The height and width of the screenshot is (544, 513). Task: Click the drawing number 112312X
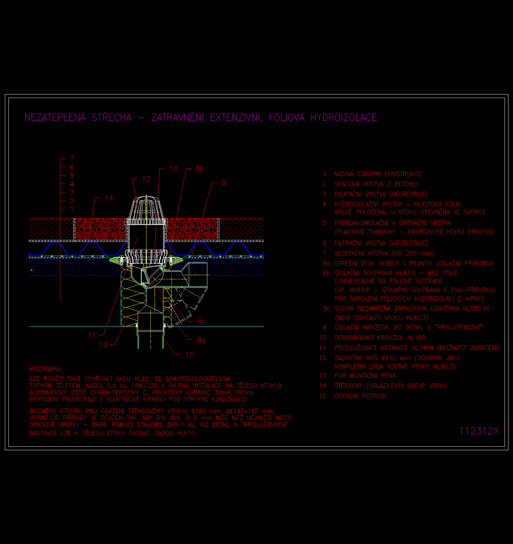pos(479,431)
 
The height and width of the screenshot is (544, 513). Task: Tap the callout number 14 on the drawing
pos(109,198)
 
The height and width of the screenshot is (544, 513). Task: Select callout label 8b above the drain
pos(200,169)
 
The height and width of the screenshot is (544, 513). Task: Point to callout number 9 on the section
pos(224,182)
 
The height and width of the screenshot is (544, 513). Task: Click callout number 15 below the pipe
pos(189,355)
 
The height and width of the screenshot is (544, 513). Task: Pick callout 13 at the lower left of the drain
pos(103,345)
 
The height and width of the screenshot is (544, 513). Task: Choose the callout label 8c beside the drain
pos(201,322)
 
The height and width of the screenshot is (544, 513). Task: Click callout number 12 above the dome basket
pos(146,179)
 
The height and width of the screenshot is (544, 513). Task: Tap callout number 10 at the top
pos(174,169)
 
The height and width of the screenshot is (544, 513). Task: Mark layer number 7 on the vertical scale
pos(72,159)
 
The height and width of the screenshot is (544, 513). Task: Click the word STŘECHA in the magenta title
pos(112,118)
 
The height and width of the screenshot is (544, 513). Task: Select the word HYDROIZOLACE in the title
pos(344,118)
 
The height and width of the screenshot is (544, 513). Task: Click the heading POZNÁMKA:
pos(46,369)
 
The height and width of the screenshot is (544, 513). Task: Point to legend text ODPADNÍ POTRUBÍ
pos(360,396)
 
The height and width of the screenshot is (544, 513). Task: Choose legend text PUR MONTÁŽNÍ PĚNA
pos(365,375)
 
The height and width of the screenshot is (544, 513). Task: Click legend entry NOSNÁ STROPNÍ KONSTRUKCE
pos(378,174)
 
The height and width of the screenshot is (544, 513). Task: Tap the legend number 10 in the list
pos(323,338)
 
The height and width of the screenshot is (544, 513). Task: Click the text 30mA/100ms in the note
pos(234,392)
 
